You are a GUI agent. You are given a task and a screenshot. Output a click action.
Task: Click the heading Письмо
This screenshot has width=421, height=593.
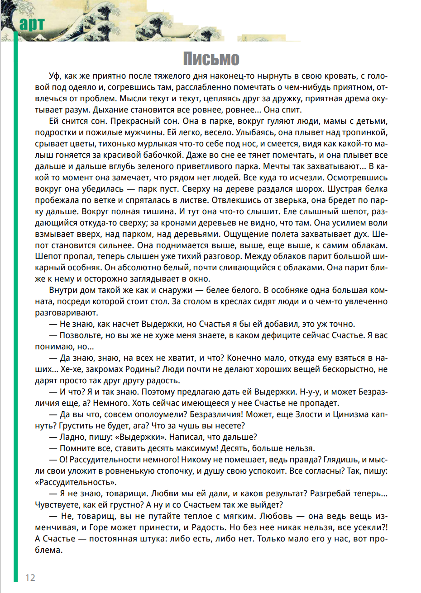[211, 59]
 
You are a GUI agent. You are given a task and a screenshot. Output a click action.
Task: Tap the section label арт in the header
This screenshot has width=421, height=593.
[32, 24]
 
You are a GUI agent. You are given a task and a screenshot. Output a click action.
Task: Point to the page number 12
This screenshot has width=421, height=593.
[30, 578]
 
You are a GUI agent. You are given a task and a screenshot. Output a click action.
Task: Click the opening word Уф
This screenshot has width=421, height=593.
[54, 76]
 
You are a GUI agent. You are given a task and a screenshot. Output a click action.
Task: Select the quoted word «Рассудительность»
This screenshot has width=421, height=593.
[76, 482]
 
